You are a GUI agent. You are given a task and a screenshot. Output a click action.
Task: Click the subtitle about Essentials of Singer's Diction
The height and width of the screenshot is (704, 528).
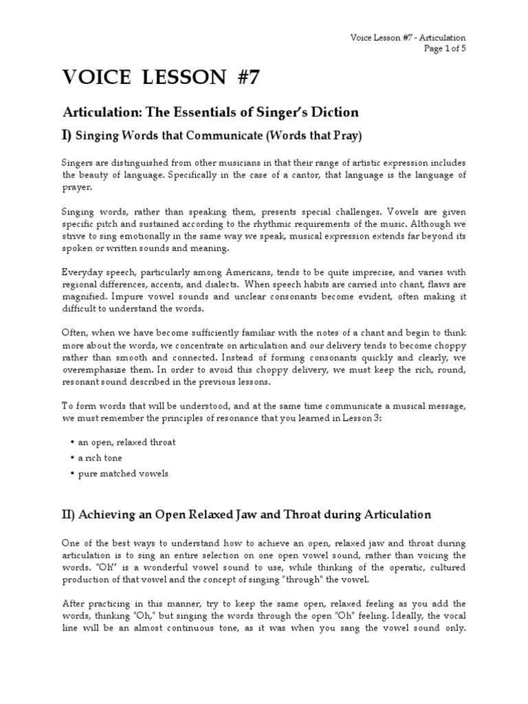coord(210,111)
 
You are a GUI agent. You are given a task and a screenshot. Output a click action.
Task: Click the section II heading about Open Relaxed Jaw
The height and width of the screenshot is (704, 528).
coord(247,514)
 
